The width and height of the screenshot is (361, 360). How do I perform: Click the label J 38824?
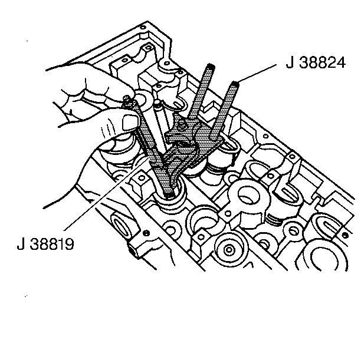[x=316, y=62]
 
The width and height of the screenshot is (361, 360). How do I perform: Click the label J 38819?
[x=45, y=244]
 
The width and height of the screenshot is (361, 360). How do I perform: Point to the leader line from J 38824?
[x=257, y=74]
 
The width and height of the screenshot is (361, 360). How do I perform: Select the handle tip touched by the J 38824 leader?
[x=235, y=84]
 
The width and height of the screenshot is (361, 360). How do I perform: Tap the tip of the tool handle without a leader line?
[x=211, y=67]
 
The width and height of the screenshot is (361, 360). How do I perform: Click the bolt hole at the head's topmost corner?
[x=143, y=27]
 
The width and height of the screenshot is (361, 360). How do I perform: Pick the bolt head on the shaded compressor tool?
[x=182, y=126]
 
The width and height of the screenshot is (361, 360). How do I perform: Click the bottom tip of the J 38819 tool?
[x=170, y=196]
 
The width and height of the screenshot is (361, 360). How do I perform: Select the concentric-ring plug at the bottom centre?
[x=229, y=249]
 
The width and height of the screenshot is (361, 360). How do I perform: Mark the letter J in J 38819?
[x=21, y=244]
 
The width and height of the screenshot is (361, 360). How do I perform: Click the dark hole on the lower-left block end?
[x=146, y=233]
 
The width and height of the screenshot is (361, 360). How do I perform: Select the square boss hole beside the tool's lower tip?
[x=142, y=177]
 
